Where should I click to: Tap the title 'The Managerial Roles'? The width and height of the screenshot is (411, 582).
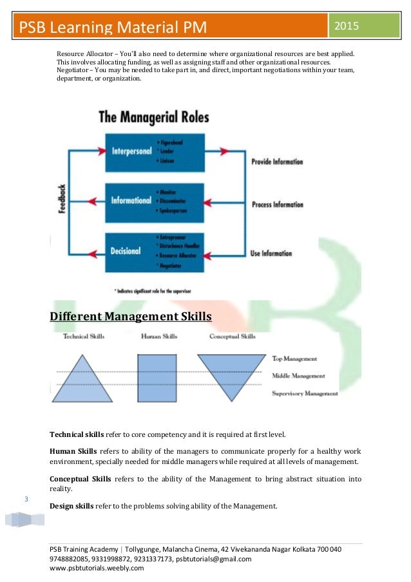tap(153, 117)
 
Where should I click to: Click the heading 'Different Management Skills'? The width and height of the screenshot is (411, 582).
tap(131, 316)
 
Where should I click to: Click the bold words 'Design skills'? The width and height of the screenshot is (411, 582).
tap(72, 506)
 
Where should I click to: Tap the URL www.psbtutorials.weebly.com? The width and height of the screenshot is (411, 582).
tap(97, 568)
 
